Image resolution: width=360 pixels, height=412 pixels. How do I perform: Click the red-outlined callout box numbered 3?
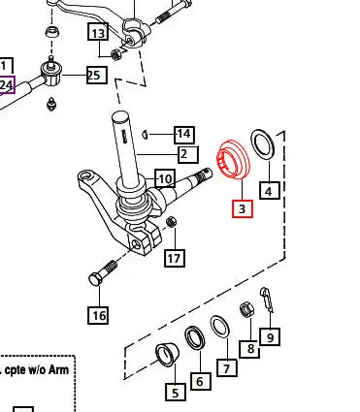coord(243,208)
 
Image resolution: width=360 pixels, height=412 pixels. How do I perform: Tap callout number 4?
coord(269,190)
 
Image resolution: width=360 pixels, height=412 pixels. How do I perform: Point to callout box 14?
coord(184,135)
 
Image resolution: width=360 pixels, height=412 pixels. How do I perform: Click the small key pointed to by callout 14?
coord(146,134)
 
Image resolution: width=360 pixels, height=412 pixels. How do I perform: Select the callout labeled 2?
coord(187,154)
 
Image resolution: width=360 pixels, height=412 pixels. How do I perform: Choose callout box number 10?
coord(165,178)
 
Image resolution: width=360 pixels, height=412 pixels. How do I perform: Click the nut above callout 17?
coord(171,222)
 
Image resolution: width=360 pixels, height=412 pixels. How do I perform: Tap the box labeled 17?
coord(175,258)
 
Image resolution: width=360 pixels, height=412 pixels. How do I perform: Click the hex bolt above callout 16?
coord(103,273)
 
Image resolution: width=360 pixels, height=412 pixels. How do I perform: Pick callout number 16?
coord(99,315)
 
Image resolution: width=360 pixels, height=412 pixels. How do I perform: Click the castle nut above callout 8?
coord(246,309)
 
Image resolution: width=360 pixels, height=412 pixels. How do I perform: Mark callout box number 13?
coord(98,32)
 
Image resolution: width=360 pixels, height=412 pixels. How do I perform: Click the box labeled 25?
coord(96,75)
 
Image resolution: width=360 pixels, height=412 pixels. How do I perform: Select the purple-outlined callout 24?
coord(7,85)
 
